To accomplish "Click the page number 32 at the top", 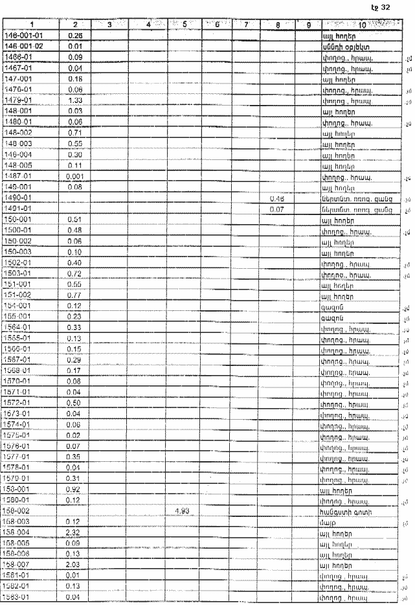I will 386,7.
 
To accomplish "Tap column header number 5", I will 185,25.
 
